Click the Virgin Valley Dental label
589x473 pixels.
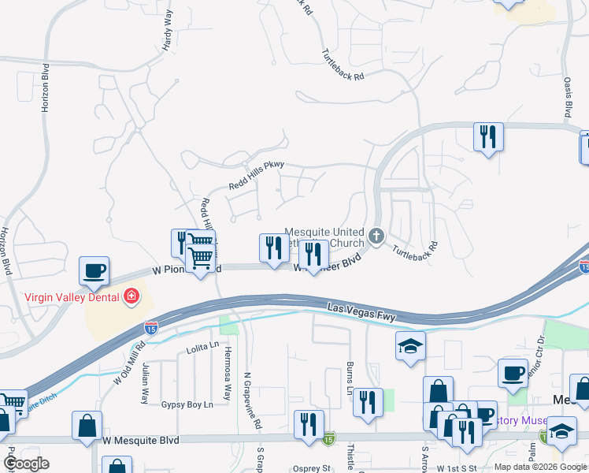(x=72, y=297)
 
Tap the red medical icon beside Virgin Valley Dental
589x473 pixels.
(x=132, y=297)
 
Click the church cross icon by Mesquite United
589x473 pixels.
(x=377, y=235)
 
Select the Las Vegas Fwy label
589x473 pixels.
(x=361, y=310)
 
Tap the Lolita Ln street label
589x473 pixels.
(x=201, y=347)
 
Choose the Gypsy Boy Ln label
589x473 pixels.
(x=187, y=404)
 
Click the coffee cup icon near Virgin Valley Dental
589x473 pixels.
(x=94, y=270)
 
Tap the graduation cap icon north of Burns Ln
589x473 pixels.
(x=410, y=345)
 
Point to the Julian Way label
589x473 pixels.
(x=145, y=382)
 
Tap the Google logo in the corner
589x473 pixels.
(x=27, y=463)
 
